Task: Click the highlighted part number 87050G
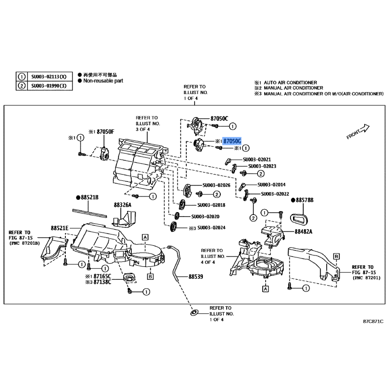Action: point(232,141)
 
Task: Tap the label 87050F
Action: point(105,132)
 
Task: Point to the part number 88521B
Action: point(90,197)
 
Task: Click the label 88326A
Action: point(123,205)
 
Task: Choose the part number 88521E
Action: point(59,228)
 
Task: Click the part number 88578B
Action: point(305,200)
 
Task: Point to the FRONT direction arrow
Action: point(359,132)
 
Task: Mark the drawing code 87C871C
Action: point(373,322)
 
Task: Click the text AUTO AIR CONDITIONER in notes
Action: point(290,82)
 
